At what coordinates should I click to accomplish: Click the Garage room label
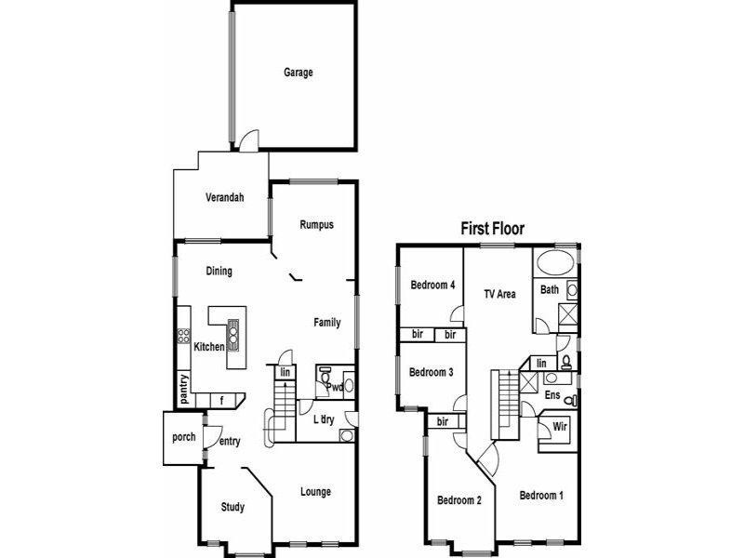point(298,73)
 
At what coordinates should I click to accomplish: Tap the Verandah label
point(224,197)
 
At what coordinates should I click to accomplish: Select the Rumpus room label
point(316,225)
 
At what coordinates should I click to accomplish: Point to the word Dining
point(219,272)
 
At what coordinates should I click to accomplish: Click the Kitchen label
point(209,347)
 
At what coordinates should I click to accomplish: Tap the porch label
point(184,436)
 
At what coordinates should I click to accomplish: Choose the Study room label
point(232,507)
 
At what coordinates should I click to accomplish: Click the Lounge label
point(316,492)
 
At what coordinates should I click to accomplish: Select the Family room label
point(326,323)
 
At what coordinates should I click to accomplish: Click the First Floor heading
point(493,228)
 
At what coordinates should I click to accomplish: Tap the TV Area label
point(499,295)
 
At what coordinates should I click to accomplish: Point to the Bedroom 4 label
point(432,286)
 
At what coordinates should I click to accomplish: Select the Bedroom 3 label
point(432,372)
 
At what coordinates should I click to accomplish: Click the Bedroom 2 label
point(459,500)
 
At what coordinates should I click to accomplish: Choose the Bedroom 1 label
point(541,496)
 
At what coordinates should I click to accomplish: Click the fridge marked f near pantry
point(222,401)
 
